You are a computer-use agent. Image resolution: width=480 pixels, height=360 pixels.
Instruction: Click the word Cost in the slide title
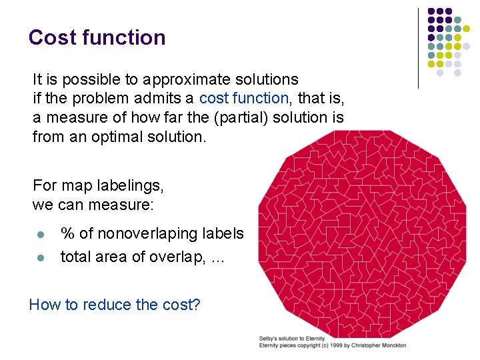(x=53, y=37)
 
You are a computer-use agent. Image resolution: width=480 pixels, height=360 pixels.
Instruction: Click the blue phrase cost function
(x=243, y=99)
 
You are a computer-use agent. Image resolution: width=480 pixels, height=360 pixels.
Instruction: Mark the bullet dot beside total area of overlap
(x=40, y=257)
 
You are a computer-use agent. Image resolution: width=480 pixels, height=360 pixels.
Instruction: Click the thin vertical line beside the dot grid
(x=418, y=48)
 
